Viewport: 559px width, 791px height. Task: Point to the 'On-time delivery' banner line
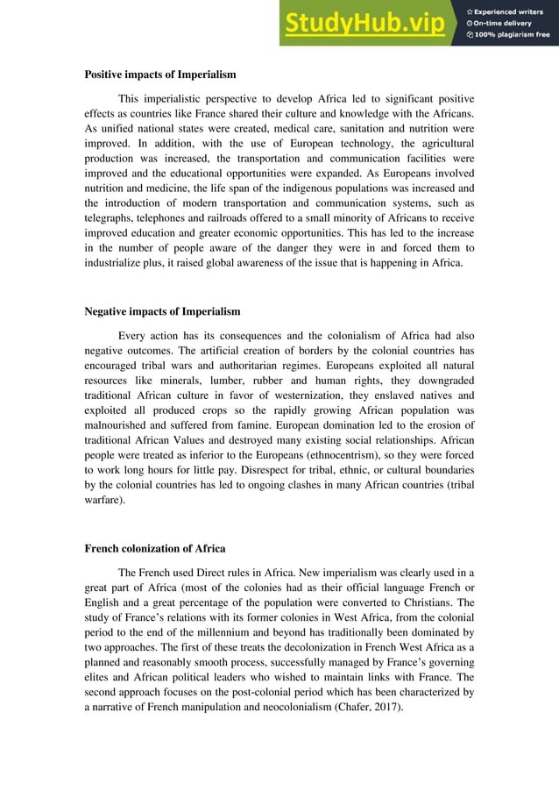[x=505, y=23]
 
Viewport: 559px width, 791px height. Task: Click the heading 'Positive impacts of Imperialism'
[x=159, y=75]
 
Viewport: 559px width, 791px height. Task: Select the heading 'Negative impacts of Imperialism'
[x=162, y=311]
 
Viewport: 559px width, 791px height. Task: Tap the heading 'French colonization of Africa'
[x=154, y=549]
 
